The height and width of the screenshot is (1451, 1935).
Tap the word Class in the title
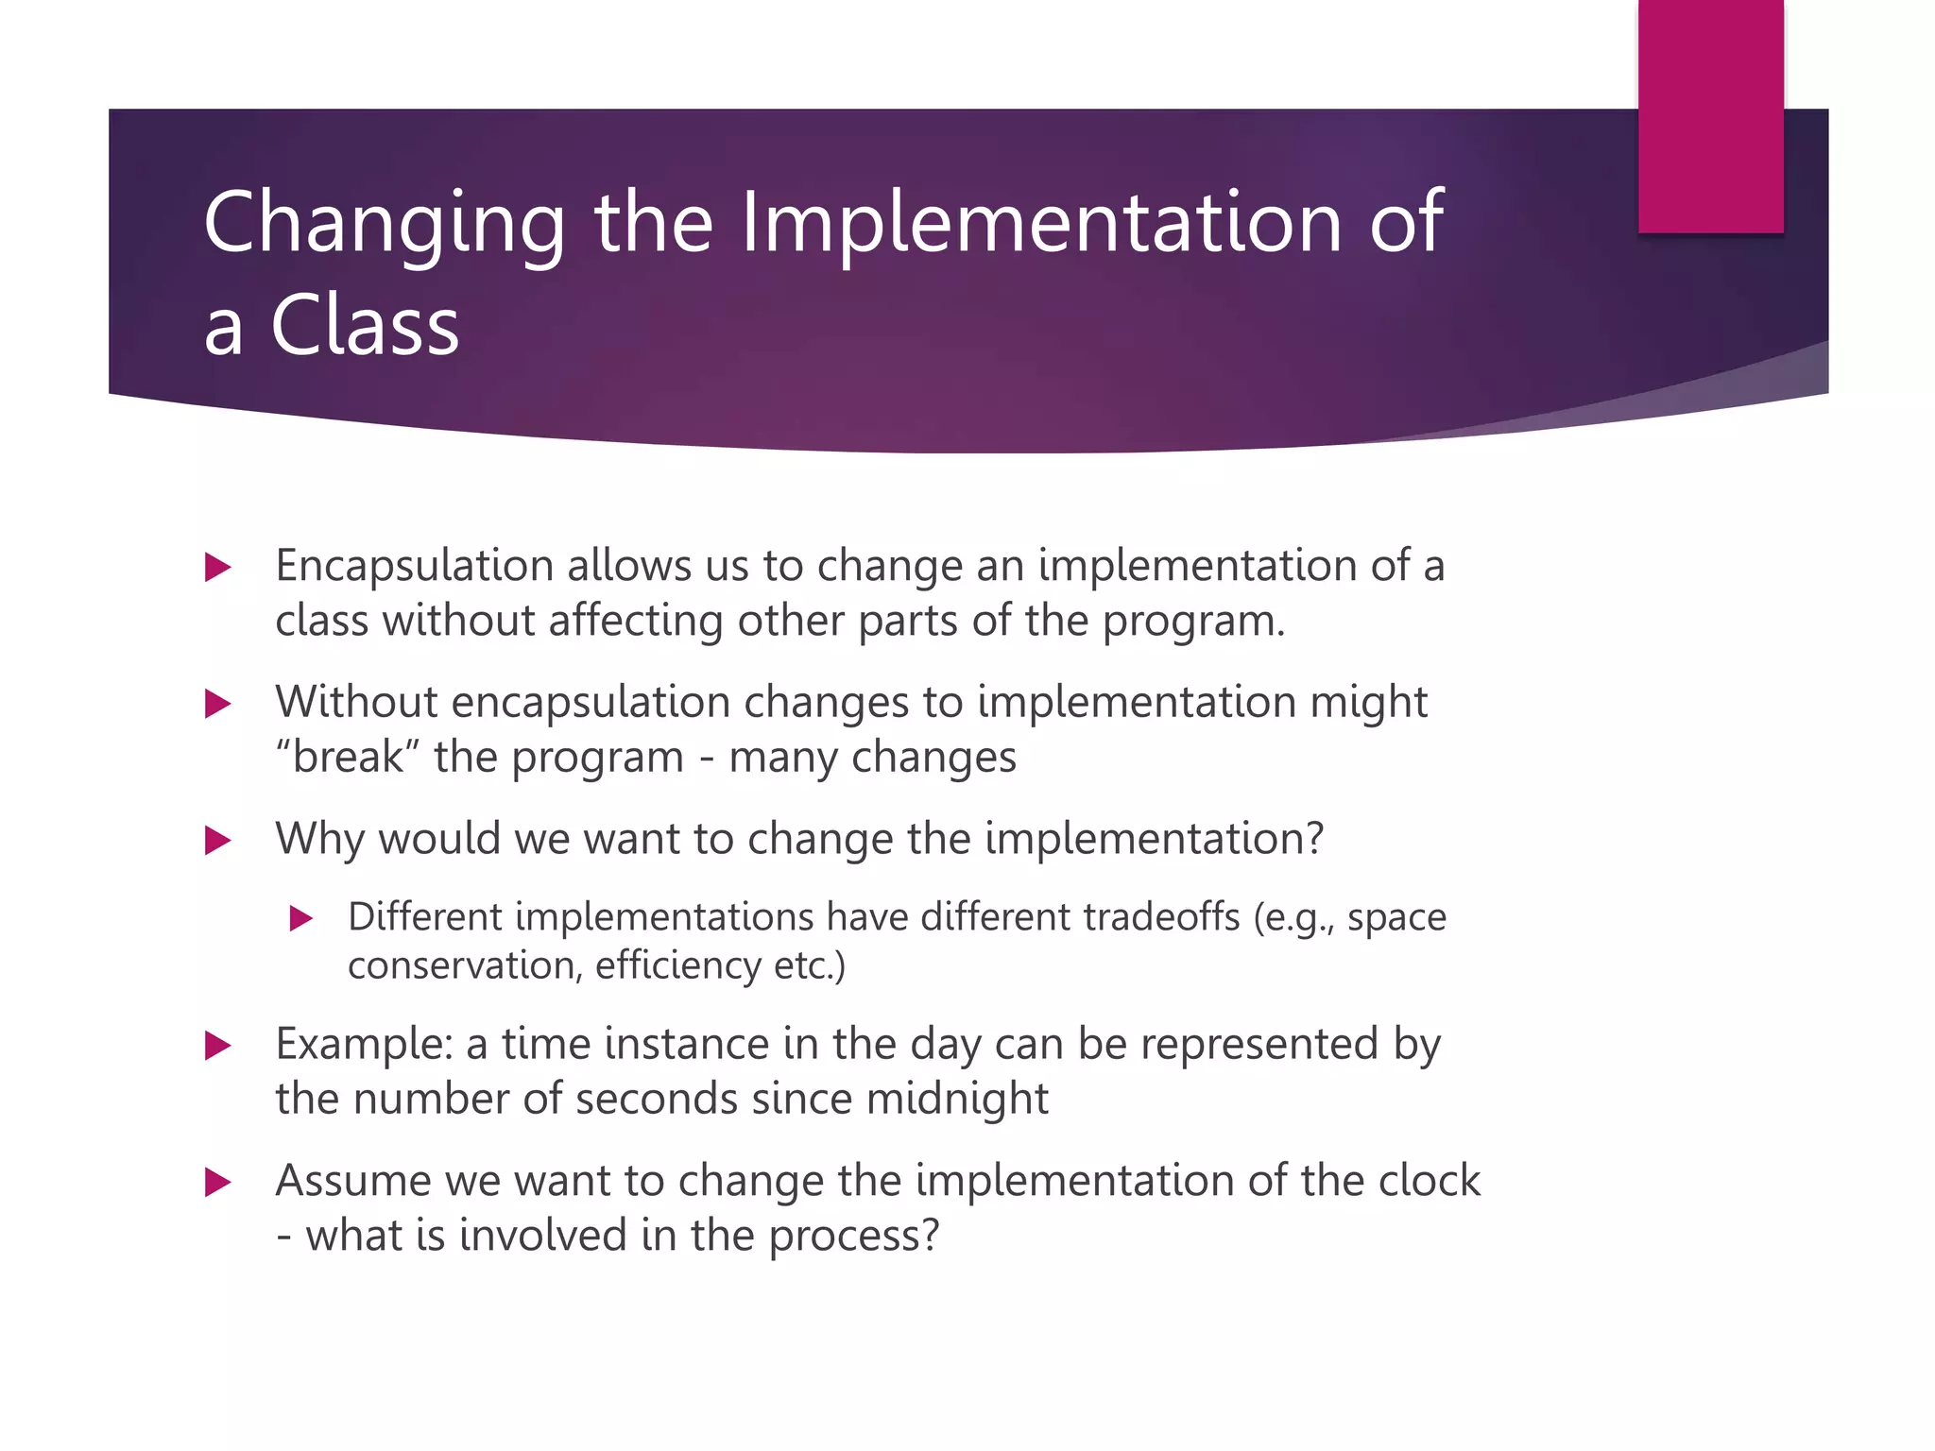click(x=365, y=326)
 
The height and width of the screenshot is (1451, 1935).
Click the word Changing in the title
click(x=384, y=225)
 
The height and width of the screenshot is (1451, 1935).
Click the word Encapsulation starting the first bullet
click(x=414, y=567)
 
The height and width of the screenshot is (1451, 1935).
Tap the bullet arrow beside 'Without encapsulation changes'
click(x=218, y=704)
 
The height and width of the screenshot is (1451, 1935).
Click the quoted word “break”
click(x=347, y=757)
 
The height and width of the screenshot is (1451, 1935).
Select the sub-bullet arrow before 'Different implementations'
click(x=300, y=917)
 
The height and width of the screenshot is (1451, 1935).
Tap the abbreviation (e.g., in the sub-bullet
click(x=1294, y=918)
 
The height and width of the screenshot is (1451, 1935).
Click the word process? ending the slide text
click(x=854, y=1236)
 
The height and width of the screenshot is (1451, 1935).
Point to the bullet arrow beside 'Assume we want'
click(x=218, y=1182)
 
